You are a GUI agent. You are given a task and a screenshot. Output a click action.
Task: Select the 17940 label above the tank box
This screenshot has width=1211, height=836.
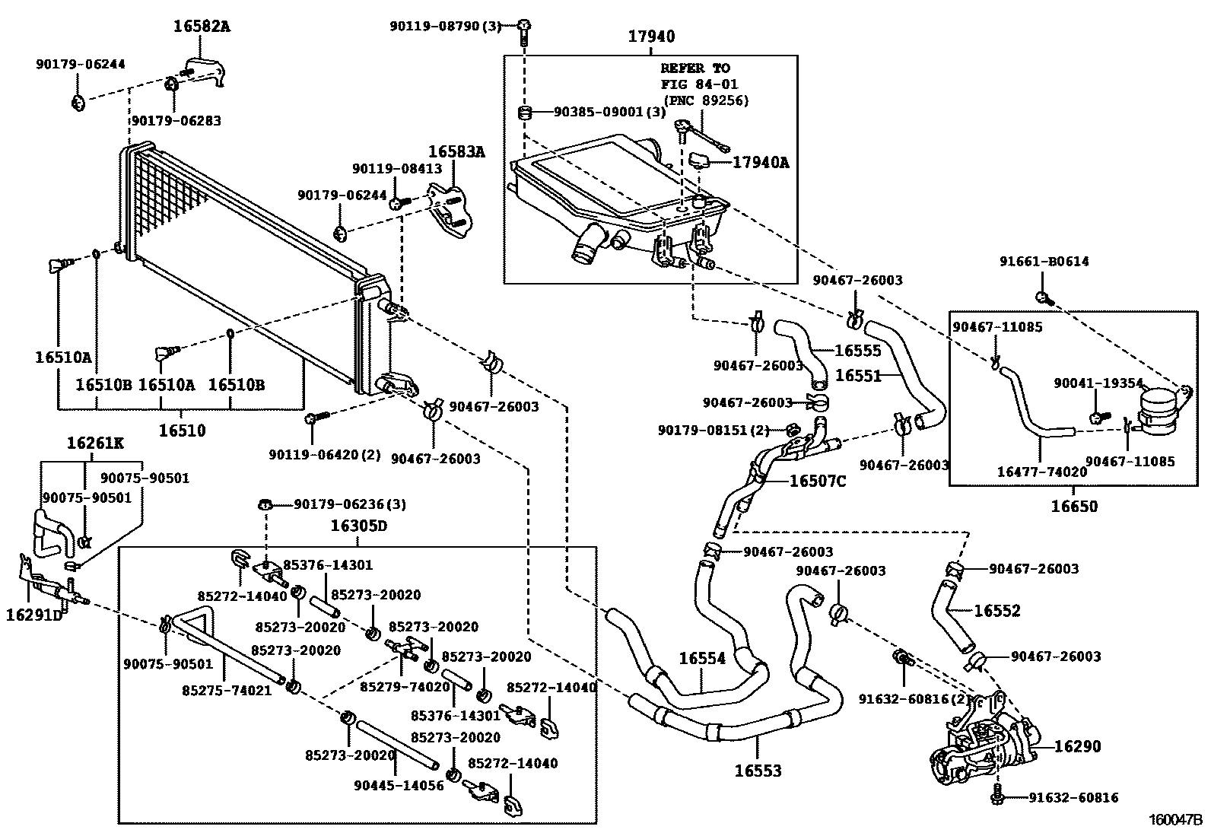tap(651, 37)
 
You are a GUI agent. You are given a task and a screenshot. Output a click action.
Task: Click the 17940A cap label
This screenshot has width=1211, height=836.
tap(760, 162)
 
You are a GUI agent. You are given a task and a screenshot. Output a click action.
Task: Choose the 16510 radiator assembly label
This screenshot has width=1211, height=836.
tap(182, 431)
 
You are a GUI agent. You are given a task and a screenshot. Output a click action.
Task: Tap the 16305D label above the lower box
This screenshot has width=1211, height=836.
tap(358, 526)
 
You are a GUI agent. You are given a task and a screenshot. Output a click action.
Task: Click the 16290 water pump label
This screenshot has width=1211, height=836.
tap(1078, 746)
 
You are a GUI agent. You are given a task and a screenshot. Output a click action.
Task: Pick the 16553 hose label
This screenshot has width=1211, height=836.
tap(758, 771)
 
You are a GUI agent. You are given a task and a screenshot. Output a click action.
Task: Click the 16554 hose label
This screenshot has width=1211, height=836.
tap(702, 659)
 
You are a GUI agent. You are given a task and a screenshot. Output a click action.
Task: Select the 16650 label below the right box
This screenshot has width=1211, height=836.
tap(1074, 506)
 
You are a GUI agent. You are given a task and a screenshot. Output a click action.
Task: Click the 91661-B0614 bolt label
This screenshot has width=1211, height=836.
tap(1044, 262)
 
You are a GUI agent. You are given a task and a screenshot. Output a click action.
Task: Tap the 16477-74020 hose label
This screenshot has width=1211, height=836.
tap(1041, 472)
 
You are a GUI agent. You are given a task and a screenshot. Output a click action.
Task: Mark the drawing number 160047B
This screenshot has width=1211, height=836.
tap(1175, 820)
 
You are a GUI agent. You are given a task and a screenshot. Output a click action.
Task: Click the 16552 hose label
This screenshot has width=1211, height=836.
tap(996, 611)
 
